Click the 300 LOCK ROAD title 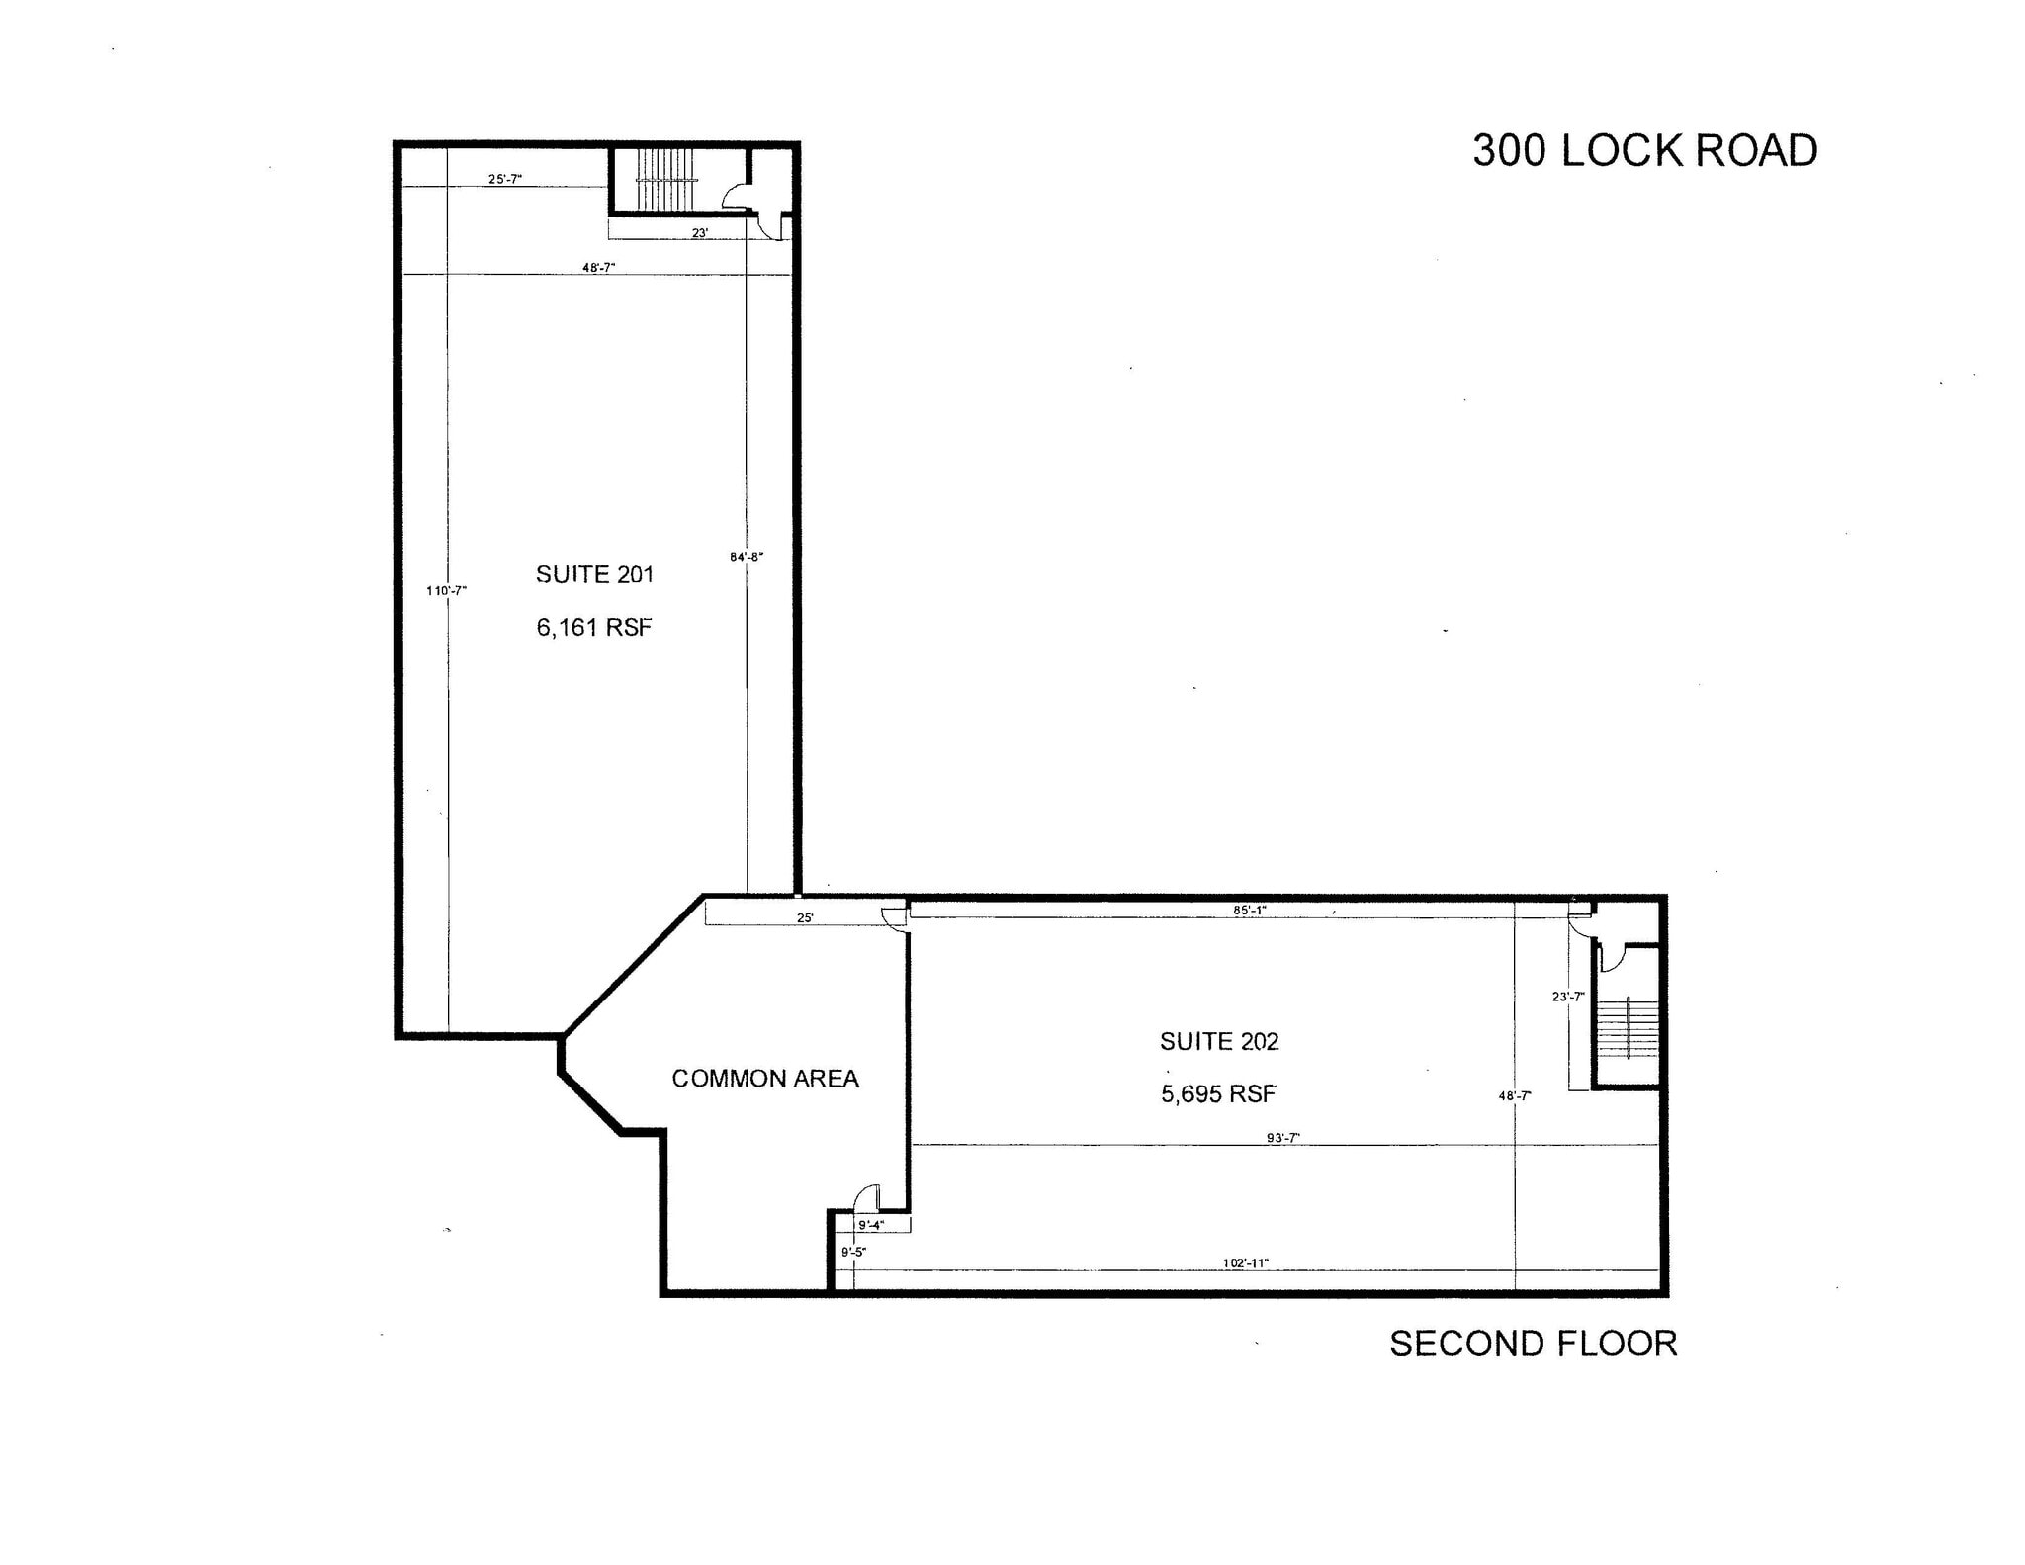tap(1644, 150)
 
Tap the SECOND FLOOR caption tap(1533, 1345)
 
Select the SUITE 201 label tap(594, 574)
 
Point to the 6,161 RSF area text tap(594, 627)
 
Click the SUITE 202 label tap(1219, 1041)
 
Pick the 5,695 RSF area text tap(1218, 1093)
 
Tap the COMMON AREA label tap(765, 1079)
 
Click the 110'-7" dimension tap(446, 591)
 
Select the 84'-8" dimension tap(747, 557)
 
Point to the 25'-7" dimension tap(504, 179)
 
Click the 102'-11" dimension tap(1245, 1262)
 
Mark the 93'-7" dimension tap(1282, 1138)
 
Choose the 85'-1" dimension tap(1250, 910)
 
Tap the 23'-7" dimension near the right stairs tap(1568, 997)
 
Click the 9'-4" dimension tap(870, 1225)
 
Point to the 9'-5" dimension tap(853, 1252)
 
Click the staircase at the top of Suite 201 tap(669, 180)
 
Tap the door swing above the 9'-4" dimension tap(866, 1197)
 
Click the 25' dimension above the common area tap(805, 918)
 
